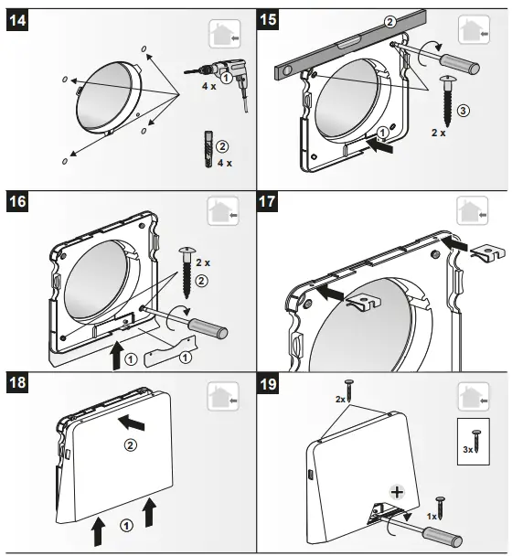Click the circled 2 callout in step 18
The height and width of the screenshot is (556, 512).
point(129,445)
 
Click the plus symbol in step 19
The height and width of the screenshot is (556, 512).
point(397,491)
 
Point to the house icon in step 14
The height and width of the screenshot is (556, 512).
point(225,35)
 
